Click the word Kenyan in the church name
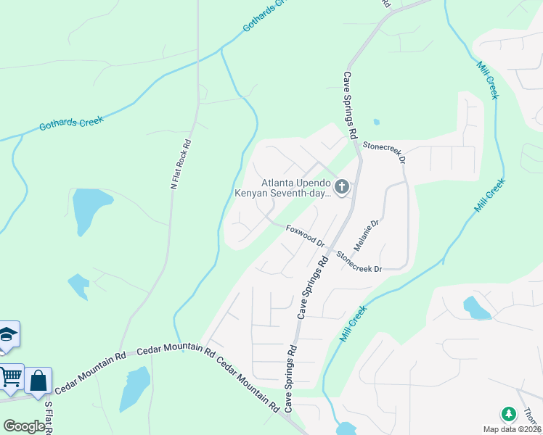click(250, 194)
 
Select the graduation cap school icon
click(7, 335)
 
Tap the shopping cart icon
click(10, 377)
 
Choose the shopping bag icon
click(38, 379)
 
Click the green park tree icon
click(509, 414)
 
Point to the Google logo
click(24, 426)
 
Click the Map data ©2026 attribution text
click(512, 429)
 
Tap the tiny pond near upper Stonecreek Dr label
click(376, 122)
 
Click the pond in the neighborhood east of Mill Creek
click(475, 307)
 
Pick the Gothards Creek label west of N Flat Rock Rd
click(71, 125)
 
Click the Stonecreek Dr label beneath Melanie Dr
click(359, 262)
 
